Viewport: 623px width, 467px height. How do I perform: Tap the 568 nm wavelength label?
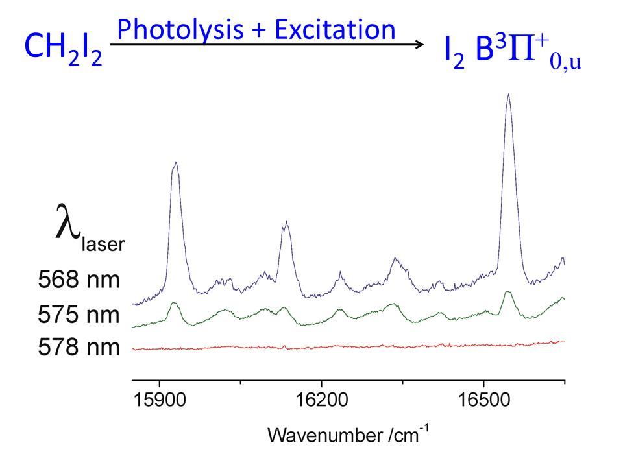click(x=79, y=281)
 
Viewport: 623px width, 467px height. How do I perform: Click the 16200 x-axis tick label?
click(x=322, y=401)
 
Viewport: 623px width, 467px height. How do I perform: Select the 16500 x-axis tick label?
click(x=483, y=401)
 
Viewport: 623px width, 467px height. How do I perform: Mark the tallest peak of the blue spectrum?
click(x=508, y=95)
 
